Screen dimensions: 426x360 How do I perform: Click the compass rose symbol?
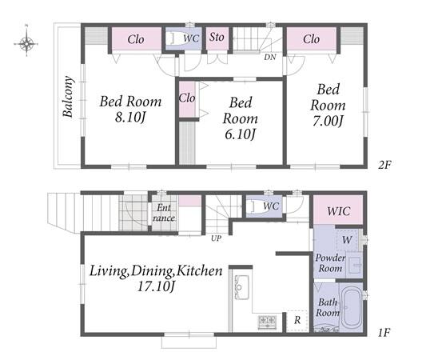coord(26,42)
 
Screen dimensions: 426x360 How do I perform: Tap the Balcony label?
coord(68,97)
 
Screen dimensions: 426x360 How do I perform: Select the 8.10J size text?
coord(131,118)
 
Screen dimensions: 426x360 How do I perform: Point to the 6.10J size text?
coord(240,134)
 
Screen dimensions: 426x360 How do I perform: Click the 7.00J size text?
coord(328,121)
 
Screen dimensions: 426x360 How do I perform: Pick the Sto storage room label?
coord(217,37)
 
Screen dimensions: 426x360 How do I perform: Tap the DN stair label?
coord(270,57)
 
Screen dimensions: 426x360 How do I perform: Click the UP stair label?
coord(217,238)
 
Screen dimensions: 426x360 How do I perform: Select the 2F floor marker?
coord(384,165)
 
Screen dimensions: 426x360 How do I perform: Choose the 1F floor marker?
coord(384,332)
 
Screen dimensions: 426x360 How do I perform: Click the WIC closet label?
coord(339,211)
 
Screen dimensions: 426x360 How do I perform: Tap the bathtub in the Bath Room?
coord(352,307)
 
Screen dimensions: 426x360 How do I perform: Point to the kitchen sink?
coord(241,287)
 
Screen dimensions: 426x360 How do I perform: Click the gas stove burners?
coord(267,322)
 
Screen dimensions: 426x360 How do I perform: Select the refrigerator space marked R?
coord(297,320)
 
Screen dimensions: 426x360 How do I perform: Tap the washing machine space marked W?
coord(347,240)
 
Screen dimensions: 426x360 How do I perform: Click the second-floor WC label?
coord(191,38)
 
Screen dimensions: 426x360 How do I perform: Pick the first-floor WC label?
coord(271,206)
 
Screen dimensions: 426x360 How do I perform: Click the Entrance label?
coord(164,213)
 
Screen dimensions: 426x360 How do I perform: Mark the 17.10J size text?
coord(156,286)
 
